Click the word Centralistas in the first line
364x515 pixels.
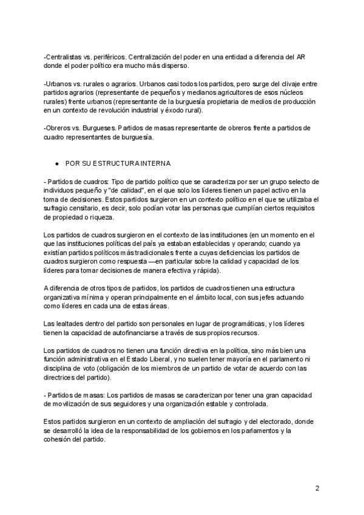click(64, 57)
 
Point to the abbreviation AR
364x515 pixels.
click(301, 57)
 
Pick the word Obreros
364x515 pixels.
click(59, 128)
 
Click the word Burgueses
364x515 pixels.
click(97, 128)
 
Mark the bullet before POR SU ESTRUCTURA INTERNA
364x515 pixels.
click(56, 164)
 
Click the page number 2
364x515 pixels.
click(317, 489)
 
